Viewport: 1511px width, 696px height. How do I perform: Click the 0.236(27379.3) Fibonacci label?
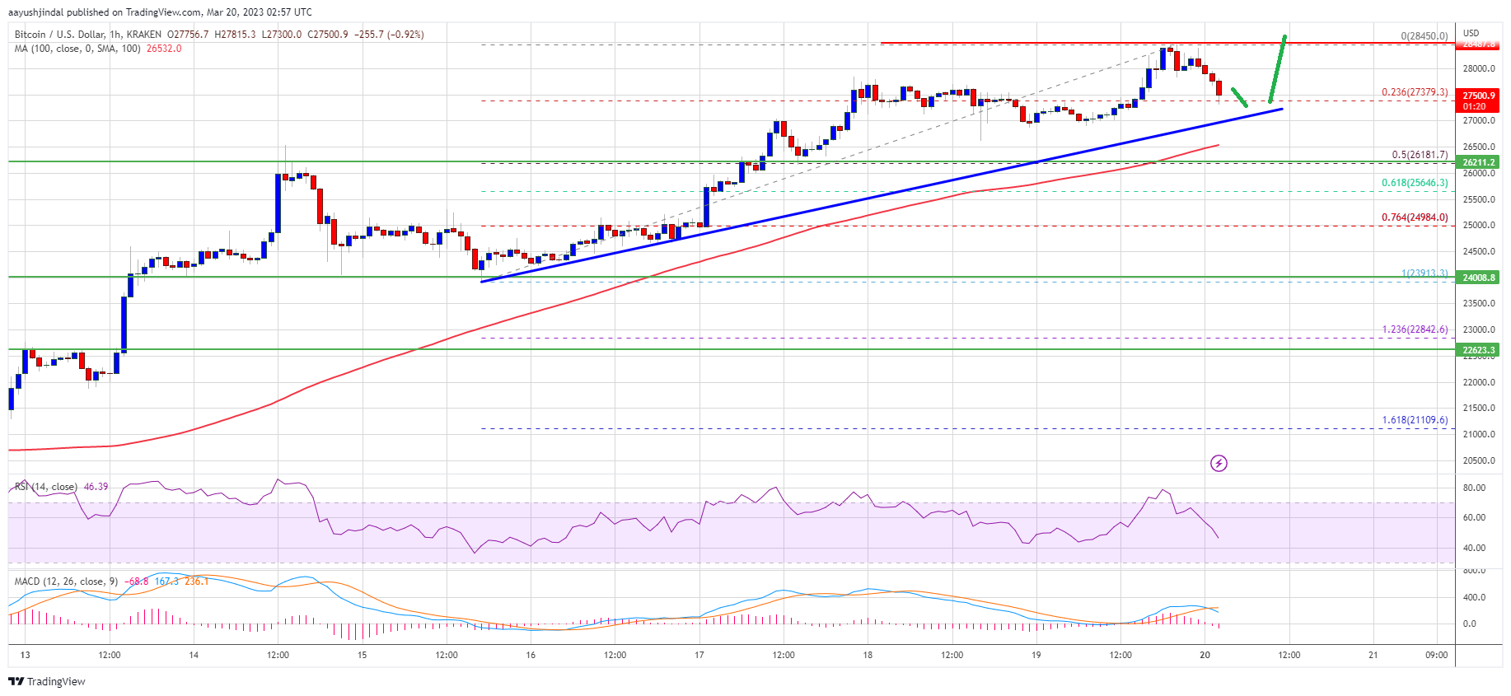[x=1414, y=92]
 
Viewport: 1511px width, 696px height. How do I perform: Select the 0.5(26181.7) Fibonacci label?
[x=1419, y=155]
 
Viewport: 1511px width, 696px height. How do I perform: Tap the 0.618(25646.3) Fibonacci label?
[x=1414, y=183]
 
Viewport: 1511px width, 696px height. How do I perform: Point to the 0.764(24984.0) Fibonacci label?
[x=1414, y=217]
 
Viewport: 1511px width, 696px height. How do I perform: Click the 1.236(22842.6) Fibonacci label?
[x=1414, y=329]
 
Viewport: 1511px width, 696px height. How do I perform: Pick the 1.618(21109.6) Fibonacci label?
[x=1414, y=420]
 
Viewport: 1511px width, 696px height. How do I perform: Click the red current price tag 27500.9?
[x=1478, y=96]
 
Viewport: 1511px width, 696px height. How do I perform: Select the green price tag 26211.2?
[x=1478, y=163]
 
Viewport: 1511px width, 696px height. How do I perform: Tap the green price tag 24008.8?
[x=1478, y=278]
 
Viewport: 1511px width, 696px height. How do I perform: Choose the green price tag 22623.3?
[x=1478, y=350]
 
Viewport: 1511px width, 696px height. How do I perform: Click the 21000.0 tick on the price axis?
[x=1478, y=434]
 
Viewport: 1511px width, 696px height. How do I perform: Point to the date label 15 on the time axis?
[x=362, y=656]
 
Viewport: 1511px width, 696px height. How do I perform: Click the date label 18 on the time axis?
[x=868, y=656]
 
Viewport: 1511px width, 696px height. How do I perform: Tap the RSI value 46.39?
[x=96, y=487]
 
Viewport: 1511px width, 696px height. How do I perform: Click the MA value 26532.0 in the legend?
[x=164, y=49]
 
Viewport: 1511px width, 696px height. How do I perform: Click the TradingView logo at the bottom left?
[x=47, y=681]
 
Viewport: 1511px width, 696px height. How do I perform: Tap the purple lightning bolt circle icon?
[x=1219, y=464]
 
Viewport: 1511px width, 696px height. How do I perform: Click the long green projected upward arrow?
[x=1278, y=69]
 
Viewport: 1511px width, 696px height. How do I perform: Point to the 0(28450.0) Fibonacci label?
[x=1424, y=36]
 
